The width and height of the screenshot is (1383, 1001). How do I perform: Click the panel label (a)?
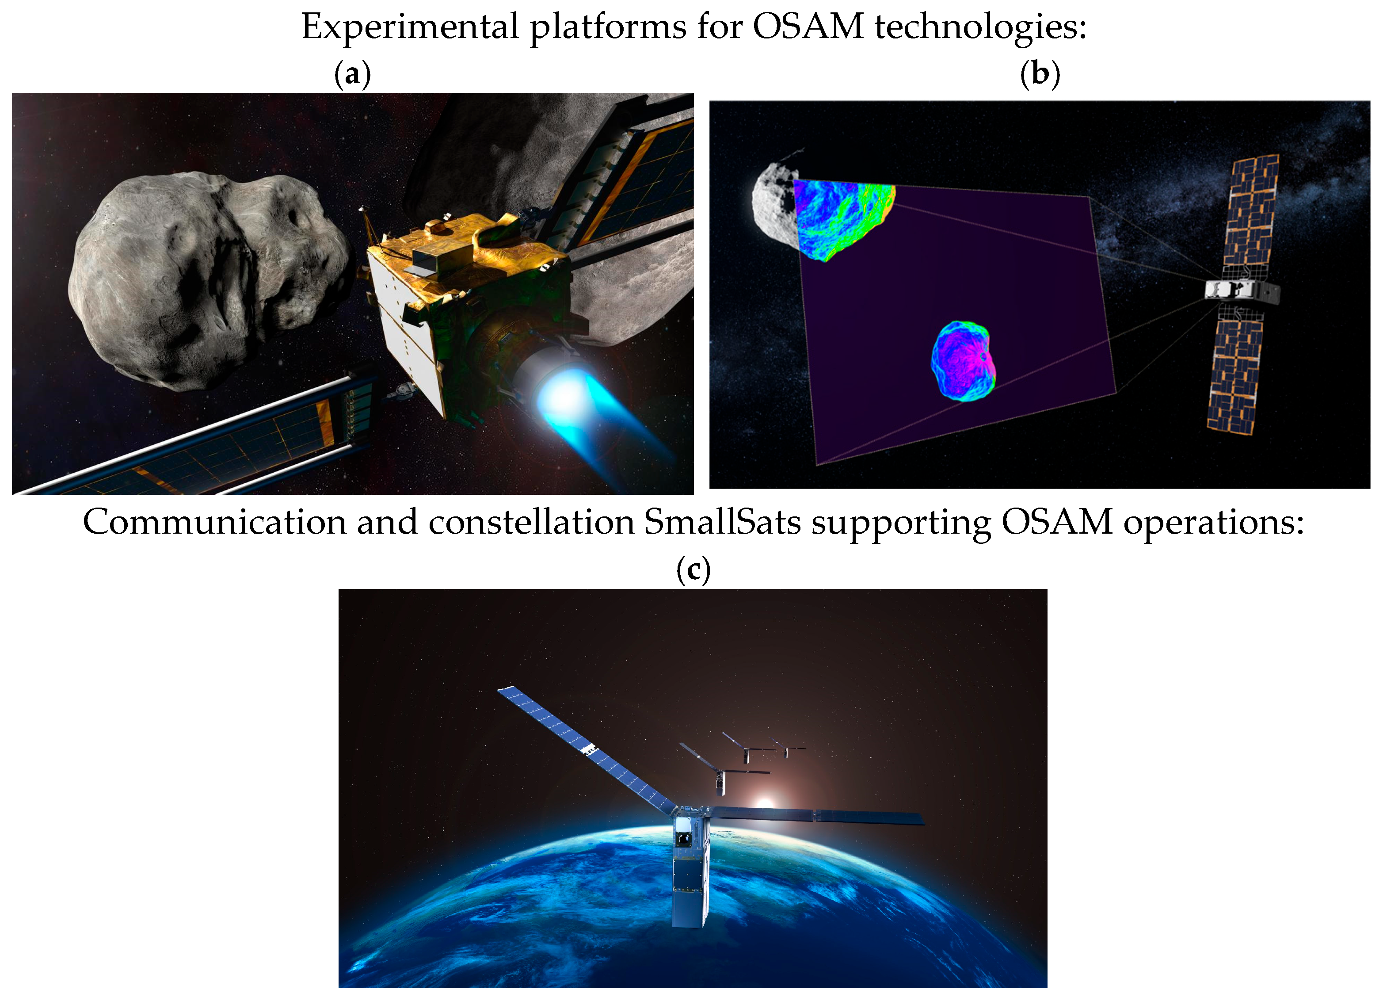point(352,74)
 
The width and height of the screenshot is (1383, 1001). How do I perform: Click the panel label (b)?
point(1040,74)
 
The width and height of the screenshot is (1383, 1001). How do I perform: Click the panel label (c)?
point(693,570)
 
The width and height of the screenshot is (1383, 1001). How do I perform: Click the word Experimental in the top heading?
point(410,27)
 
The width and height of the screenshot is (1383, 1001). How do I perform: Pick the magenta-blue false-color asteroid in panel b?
point(964,360)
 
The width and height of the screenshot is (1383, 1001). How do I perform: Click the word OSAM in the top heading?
point(808,27)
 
